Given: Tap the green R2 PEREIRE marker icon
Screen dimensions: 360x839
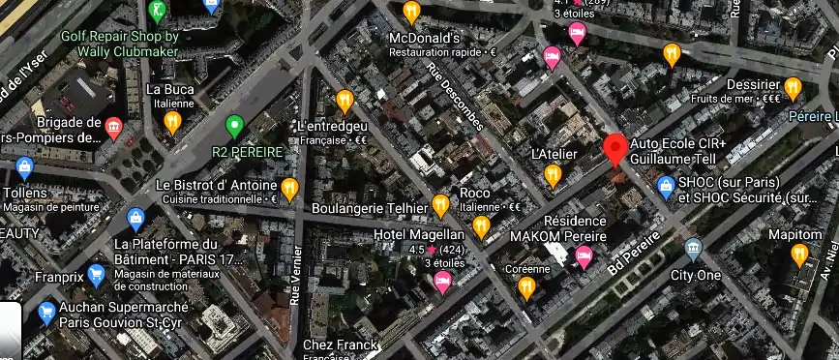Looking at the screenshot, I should (233, 125).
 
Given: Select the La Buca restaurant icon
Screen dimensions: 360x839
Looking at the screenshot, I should (173, 122).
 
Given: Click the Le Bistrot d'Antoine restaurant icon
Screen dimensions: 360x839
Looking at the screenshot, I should (289, 186).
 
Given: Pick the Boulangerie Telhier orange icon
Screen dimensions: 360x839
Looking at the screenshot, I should (441, 204).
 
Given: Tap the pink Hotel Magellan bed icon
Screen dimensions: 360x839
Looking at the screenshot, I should (443, 283).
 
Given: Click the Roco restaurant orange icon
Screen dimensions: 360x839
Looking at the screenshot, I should (481, 226).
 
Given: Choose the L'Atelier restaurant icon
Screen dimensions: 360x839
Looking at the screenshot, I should (554, 175).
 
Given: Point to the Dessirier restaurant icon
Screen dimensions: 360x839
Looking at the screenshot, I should (794, 89).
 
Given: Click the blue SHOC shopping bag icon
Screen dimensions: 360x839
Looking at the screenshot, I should (666, 185).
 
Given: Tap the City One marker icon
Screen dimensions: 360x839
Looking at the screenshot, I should (693, 249).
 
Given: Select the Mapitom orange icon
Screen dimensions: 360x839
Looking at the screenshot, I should (798, 255).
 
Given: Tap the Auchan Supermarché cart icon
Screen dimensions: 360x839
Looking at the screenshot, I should (45, 312).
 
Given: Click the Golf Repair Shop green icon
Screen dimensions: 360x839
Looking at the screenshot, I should (157, 12).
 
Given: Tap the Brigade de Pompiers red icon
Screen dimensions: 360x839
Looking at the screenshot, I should (114, 129).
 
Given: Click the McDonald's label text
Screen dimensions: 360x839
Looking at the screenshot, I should (422, 38).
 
